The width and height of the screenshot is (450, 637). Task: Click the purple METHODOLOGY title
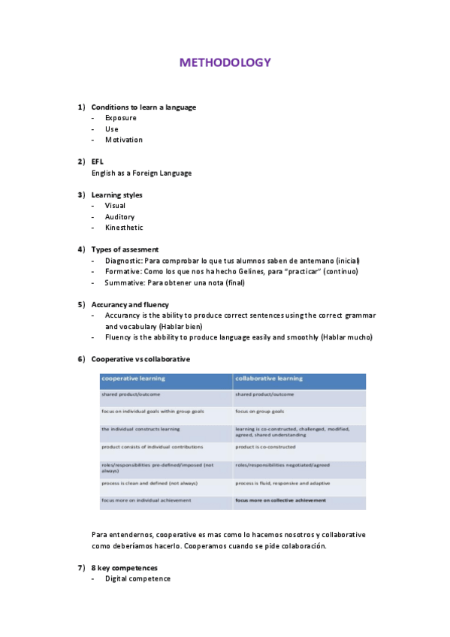(225, 63)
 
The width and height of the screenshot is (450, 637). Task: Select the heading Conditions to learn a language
(143, 107)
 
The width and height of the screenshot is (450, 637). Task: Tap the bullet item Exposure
(121, 118)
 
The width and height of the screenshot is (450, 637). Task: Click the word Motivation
(124, 140)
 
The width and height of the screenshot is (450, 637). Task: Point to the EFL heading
(98, 162)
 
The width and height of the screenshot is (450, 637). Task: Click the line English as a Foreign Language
(141, 173)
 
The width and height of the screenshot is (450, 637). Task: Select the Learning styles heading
(116, 195)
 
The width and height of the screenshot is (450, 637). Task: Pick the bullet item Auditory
(120, 217)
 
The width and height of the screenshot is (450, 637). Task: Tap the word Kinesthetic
(124, 228)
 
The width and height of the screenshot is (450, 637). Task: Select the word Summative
(123, 282)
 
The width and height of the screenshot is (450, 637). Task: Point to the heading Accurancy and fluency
(130, 305)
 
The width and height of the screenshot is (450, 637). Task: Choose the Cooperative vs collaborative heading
(140, 359)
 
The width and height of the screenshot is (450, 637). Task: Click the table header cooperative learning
(134, 379)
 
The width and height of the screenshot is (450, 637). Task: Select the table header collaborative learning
(269, 379)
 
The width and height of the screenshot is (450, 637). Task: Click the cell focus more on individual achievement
(146, 500)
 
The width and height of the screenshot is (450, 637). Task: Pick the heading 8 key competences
(125, 568)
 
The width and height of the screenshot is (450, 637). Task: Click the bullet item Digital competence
(137, 579)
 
